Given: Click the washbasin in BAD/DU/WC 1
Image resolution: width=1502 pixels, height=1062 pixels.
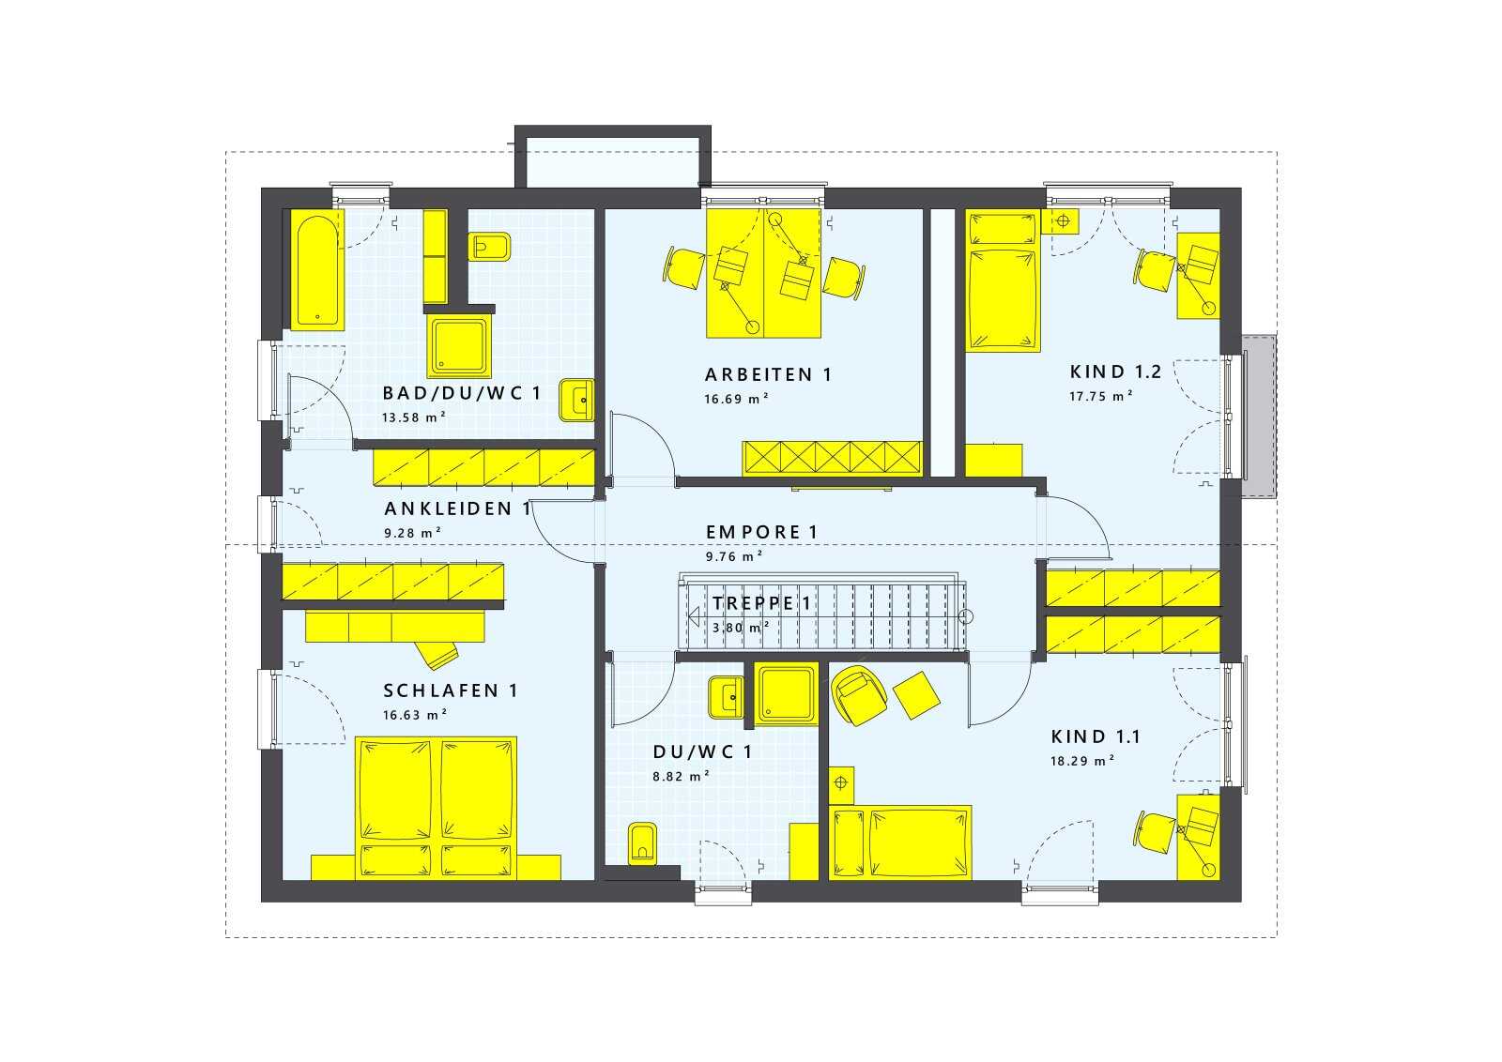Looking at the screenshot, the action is tap(576, 400).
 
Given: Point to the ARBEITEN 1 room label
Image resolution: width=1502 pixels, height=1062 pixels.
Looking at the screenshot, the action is tap(769, 374).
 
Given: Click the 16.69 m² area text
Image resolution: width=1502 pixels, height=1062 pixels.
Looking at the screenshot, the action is tap(736, 399).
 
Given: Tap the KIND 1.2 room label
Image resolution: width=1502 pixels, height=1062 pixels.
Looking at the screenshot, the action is tap(1115, 372).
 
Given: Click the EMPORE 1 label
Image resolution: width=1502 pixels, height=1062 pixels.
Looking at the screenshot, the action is tap(761, 532).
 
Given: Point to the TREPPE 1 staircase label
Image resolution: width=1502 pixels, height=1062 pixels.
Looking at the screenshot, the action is tap(761, 603).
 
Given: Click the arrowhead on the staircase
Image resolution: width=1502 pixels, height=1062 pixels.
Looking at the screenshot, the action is tap(695, 615).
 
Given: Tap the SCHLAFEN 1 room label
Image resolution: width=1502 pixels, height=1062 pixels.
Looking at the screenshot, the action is tap(451, 690).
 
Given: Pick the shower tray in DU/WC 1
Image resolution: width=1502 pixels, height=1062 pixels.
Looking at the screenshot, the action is tap(786, 694).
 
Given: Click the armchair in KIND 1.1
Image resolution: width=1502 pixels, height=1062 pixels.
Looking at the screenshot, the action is tap(859, 695).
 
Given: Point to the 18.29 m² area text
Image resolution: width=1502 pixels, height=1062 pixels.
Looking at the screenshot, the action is tap(1082, 761).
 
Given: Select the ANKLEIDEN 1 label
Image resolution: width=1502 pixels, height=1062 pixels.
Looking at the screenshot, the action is tap(458, 508).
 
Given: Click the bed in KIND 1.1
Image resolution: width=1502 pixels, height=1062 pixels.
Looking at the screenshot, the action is tap(900, 842).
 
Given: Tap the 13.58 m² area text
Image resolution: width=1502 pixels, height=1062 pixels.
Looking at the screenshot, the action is tap(414, 417).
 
